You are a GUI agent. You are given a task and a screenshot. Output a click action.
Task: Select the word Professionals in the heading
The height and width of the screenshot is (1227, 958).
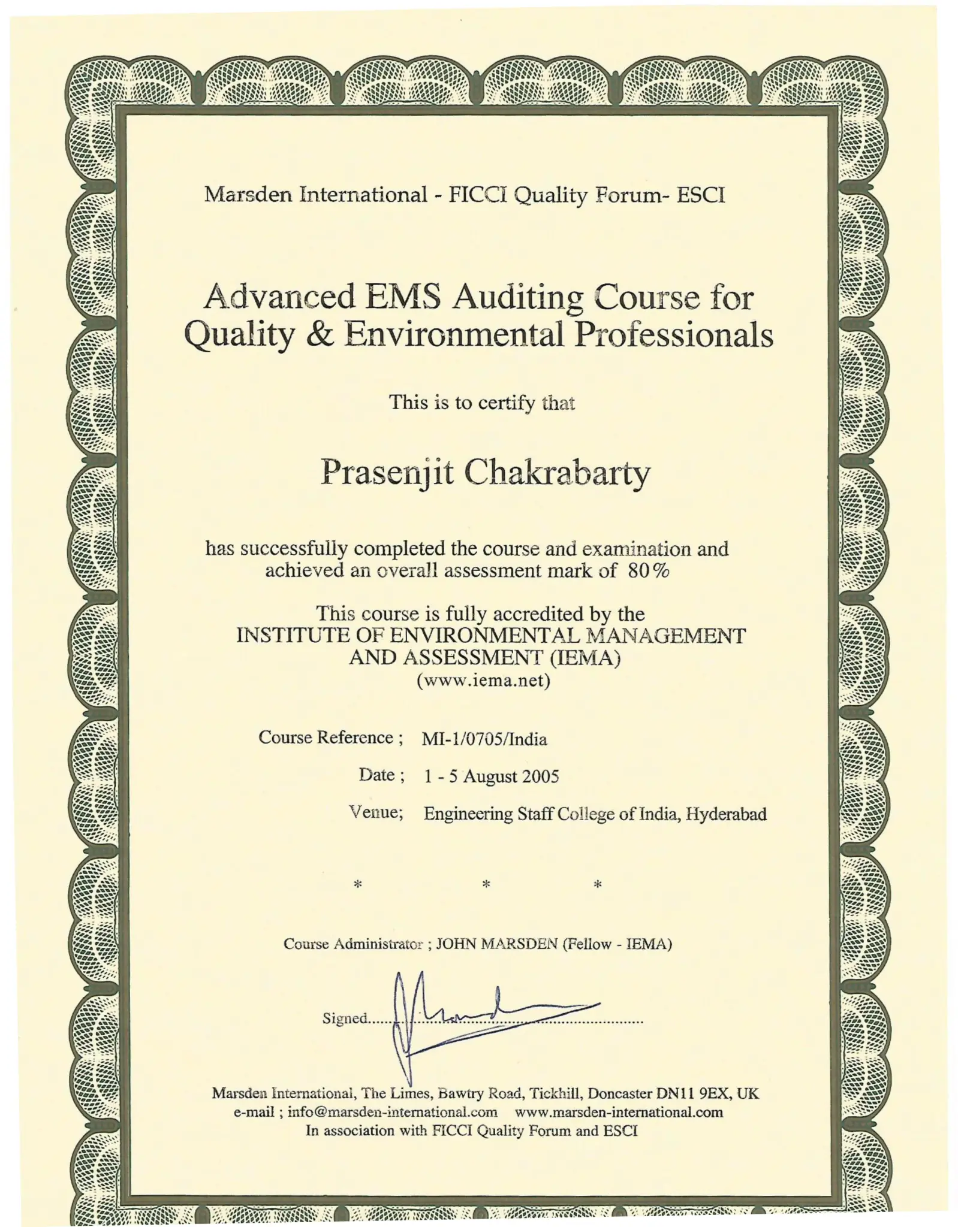[673, 334]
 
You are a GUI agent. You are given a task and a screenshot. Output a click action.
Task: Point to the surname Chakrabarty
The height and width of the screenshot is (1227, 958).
[557, 473]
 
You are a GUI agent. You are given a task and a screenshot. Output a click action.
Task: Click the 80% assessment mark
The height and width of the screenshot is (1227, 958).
[648, 570]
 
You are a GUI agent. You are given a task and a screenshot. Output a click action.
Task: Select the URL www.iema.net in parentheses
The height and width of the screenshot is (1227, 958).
[483, 680]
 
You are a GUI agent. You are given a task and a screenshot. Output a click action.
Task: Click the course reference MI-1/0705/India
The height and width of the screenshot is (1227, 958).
[484, 739]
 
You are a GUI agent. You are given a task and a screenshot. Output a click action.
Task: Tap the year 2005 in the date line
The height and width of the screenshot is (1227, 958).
[540, 776]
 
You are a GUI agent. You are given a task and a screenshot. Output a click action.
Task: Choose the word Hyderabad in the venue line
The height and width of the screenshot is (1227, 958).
[726, 814]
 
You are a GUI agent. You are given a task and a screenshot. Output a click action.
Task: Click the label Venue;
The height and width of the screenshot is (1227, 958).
[376, 812]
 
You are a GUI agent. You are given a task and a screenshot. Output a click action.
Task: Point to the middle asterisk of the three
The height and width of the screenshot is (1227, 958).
[486, 884]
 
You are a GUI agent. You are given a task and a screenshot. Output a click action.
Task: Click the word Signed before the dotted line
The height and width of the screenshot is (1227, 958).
[344, 1019]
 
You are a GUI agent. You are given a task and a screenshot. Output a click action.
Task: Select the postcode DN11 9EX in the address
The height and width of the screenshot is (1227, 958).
[693, 1093]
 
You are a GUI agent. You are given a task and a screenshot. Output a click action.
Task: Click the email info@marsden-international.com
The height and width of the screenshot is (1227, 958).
[392, 1112]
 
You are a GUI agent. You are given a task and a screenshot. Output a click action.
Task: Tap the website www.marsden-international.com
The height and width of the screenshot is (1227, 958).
[619, 1112]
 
